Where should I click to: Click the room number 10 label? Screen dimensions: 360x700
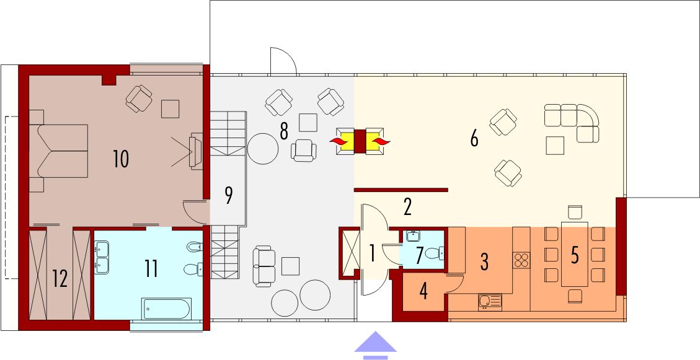121,159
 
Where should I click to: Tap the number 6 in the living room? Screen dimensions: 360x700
474,139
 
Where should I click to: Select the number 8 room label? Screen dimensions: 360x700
284,131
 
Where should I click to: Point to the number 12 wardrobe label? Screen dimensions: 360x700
60,279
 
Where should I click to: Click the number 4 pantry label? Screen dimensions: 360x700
423,291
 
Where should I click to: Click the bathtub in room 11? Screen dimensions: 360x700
166,308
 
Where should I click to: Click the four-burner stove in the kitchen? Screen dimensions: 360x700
521,260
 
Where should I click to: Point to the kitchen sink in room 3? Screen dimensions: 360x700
490,301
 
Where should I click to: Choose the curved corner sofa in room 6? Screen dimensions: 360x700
572,120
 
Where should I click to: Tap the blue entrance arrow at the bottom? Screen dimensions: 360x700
375,345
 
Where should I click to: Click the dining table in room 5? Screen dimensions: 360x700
574,254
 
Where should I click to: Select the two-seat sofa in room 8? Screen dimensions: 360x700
265,265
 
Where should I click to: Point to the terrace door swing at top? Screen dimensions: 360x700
283,61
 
